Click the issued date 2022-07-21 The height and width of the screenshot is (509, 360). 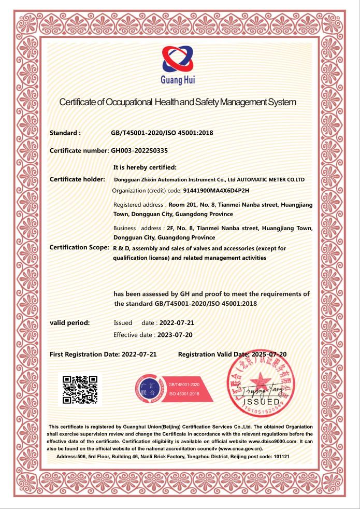tap(173, 322)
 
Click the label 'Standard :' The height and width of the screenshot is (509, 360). tap(65, 133)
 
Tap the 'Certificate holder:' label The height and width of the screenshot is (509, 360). tap(77, 179)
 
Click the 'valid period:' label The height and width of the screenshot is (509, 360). tap(69, 322)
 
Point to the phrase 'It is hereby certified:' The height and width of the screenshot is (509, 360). tap(145, 167)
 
